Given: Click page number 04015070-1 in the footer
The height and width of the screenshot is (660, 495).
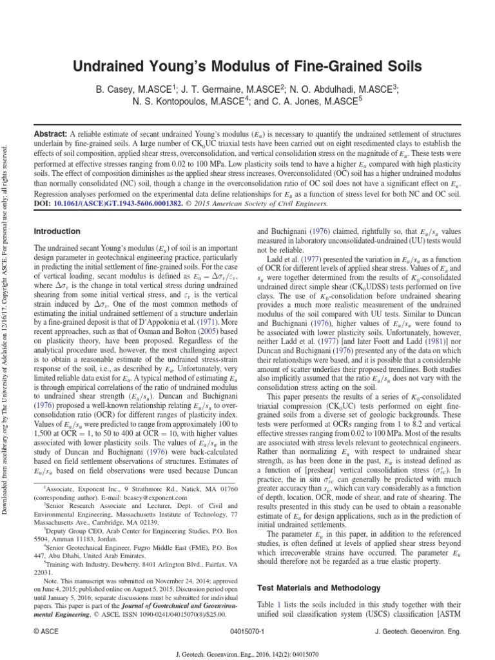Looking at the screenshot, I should pyautogui.click(x=247, y=632).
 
